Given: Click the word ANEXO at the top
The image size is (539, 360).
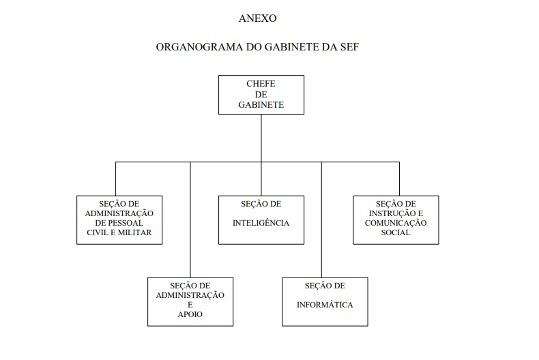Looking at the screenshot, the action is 257,18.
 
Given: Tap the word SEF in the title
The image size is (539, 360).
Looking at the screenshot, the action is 349,47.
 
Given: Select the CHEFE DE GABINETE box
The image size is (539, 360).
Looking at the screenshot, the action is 261,95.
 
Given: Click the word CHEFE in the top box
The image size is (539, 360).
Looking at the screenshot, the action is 261,84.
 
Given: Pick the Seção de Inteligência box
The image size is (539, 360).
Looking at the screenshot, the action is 261,220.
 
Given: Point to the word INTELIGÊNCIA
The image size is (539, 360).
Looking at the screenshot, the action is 261,223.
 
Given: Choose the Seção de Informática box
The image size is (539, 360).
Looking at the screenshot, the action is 325,302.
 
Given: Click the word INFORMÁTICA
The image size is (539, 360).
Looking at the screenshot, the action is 325,305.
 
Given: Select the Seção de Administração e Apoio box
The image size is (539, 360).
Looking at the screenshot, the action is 190,302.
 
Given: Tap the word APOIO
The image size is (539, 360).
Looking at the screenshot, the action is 190,314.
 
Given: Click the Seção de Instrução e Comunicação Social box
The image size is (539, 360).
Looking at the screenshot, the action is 396,220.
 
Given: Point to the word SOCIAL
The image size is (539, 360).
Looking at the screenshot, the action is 396,232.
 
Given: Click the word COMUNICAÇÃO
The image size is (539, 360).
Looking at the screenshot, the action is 396,223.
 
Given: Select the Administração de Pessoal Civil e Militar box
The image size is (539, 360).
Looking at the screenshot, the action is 119,220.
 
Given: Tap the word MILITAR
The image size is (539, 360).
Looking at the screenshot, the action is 135,232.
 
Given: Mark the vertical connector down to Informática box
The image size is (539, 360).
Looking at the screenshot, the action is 322,220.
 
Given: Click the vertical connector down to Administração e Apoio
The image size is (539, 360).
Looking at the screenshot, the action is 190,220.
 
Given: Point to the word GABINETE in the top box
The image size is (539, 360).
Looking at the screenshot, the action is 261,105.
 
